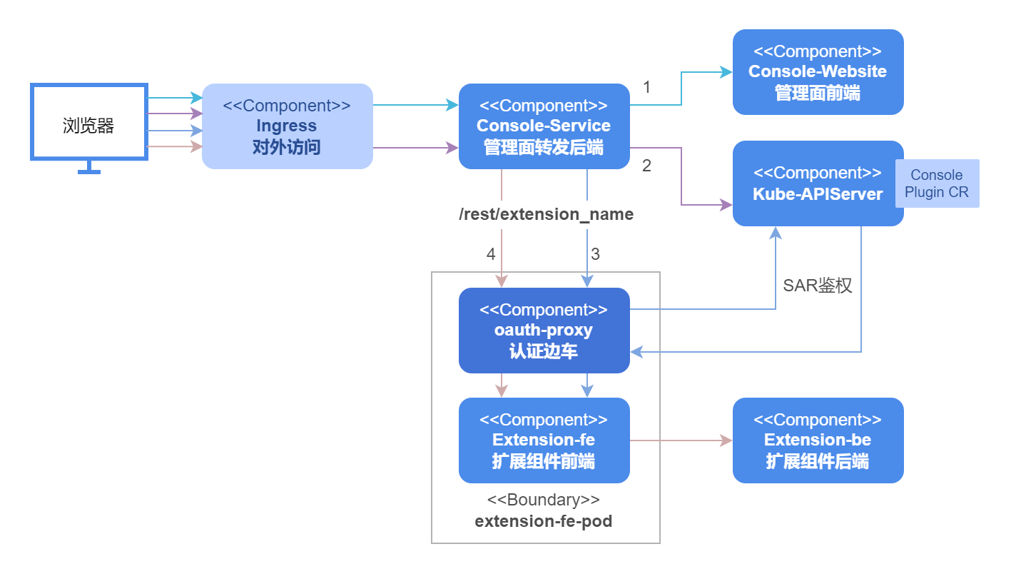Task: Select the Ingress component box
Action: pos(287,126)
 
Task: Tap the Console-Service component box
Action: pos(544,126)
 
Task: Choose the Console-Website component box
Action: pos(818,72)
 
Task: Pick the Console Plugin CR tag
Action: pos(937,183)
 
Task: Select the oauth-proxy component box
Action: pos(544,331)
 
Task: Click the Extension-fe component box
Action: pos(544,440)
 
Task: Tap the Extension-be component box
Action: pos(818,440)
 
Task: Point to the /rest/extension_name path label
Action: pos(546,214)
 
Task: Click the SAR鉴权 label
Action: pos(817,286)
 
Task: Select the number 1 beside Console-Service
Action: pos(646,88)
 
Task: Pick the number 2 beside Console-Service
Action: pos(646,166)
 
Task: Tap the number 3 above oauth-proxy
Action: pos(595,253)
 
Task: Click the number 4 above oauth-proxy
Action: pos(490,253)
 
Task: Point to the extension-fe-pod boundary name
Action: pos(543,521)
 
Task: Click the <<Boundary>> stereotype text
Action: pos(543,500)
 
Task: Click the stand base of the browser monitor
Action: pos(88,171)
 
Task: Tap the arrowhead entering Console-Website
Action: pos(726,72)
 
